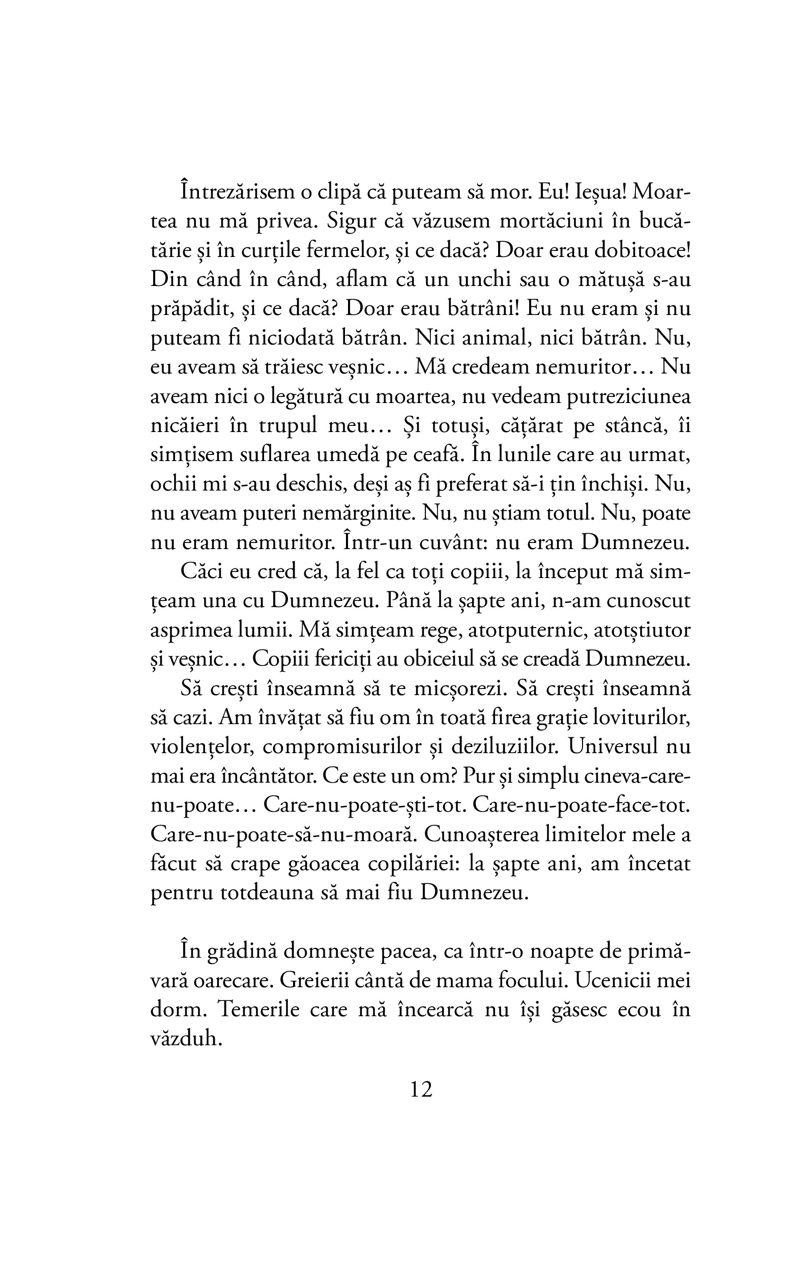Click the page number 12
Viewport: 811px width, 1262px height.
point(421,1090)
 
